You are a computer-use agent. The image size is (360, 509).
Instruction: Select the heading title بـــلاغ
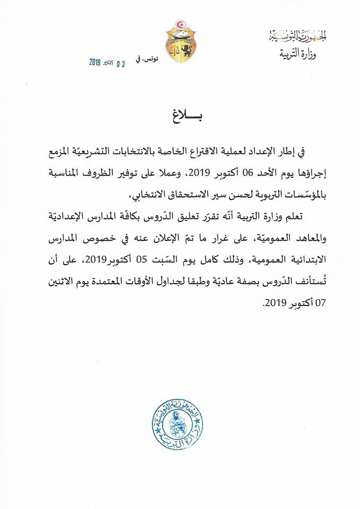[x=180, y=116]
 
